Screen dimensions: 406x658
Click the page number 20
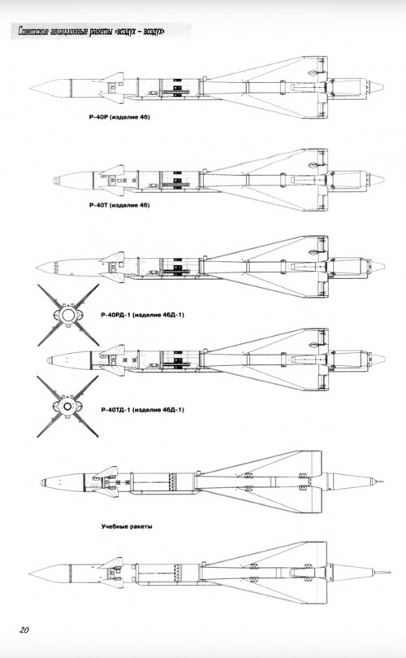click(24, 630)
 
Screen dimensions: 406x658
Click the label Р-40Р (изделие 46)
click(119, 117)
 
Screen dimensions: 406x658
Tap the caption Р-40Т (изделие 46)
click(119, 205)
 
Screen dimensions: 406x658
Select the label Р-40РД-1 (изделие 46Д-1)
click(142, 315)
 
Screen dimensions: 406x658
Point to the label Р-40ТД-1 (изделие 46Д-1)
click(142, 410)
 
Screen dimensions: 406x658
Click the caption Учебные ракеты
click(127, 526)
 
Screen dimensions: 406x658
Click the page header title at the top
click(91, 32)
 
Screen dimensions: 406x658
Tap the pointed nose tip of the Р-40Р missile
click(31, 88)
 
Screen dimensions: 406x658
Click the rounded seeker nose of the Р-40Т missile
click(55, 181)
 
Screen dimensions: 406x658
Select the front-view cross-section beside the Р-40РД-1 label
click(68, 315)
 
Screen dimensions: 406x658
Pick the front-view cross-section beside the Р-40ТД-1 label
click(67, 406)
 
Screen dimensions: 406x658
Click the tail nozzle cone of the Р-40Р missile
click(377, 87)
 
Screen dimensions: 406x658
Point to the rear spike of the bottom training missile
click(382, 572)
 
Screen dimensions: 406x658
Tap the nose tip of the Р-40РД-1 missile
click(37, 267)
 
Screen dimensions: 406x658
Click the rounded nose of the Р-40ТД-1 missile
click(50, 360)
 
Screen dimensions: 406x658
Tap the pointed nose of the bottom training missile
click(31, 573)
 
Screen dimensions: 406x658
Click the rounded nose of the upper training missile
click(43, 482)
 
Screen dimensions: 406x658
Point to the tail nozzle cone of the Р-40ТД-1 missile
click(378, 359)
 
